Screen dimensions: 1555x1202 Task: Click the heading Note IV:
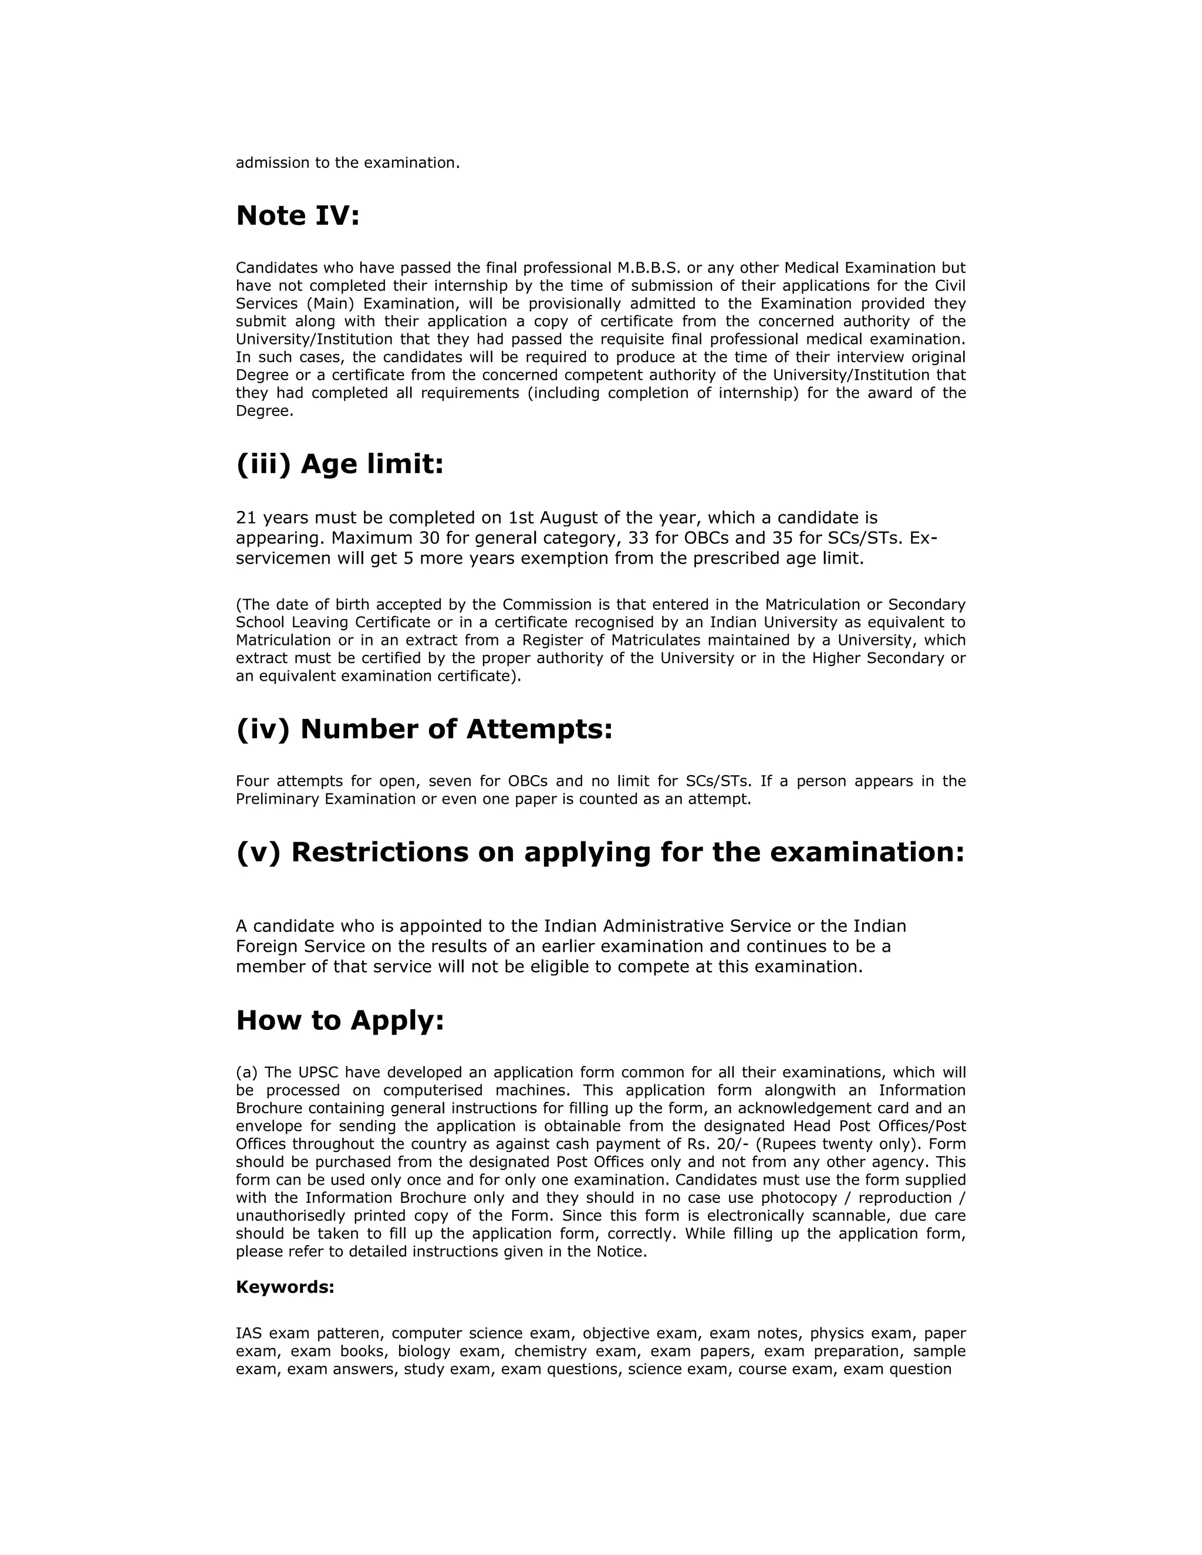(x=298, y=216)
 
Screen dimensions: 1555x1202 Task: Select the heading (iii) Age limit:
(x=340, y=464)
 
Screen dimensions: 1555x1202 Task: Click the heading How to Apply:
(x=340, y=1020)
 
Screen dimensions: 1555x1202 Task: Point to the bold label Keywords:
(x=285, y=1287)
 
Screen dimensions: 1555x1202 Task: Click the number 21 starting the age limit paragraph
(x=246, y=518)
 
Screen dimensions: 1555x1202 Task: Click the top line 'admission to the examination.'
(x=347, y=163)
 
